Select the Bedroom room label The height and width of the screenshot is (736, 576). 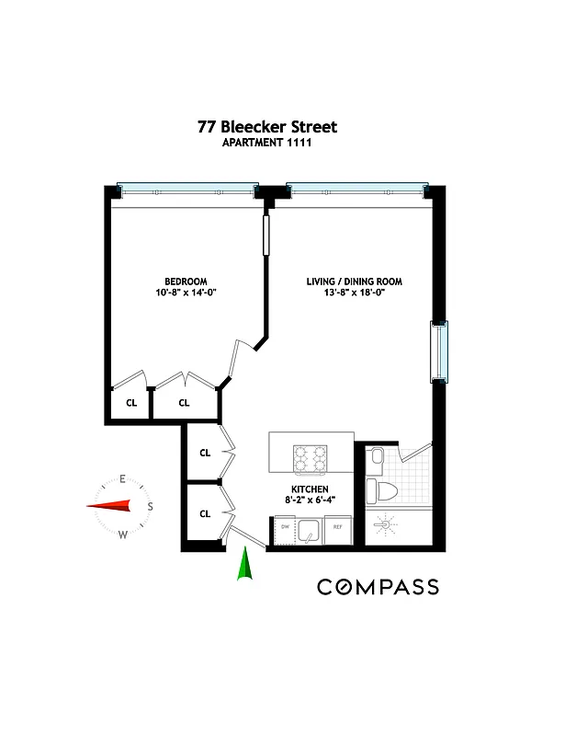pos(186,282)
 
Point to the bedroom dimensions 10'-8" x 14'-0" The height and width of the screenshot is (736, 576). pos(186,293)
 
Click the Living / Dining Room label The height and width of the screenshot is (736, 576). pos(355,282)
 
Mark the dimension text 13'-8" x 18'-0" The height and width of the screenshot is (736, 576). pos(355,293)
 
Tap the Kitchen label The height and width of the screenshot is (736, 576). pos(310,489)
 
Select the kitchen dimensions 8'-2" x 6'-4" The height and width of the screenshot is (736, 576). pos(310,500)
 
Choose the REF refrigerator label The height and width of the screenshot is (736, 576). pos(337,526)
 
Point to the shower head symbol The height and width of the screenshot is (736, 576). pos(386,524)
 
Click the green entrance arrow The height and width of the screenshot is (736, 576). pos(245,564)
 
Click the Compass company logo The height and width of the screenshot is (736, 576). pos(378,587)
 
